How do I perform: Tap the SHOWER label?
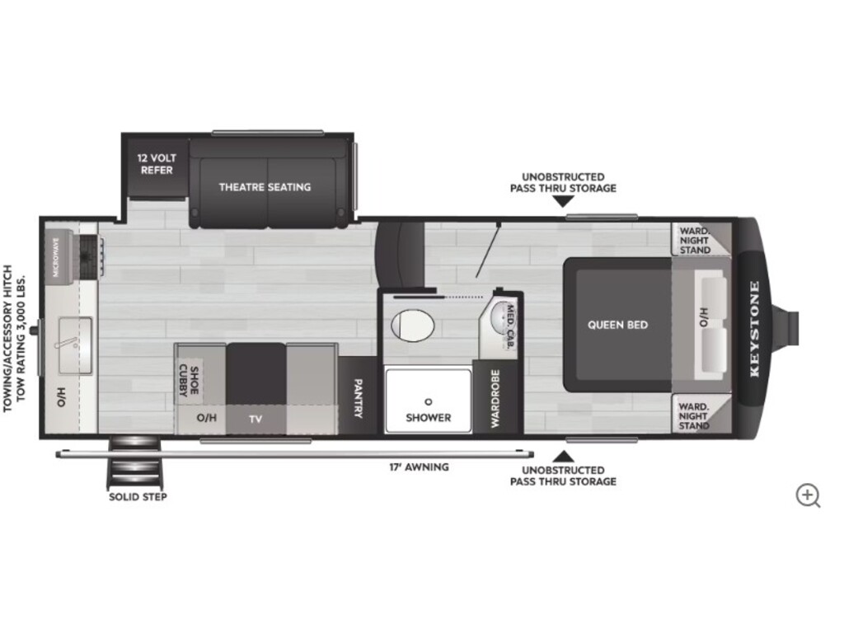coord(429,418)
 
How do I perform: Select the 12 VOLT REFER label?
coord(157,164)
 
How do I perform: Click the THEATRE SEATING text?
coord(265,187)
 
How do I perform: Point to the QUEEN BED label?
coord(617,325)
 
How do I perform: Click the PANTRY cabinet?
coord(358,395)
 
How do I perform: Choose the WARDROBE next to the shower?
coord(495,397)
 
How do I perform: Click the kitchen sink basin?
coord(75,345)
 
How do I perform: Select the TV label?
coord(256,419)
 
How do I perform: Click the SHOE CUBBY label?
coord(190,381)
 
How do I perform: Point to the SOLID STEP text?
coord(138,497)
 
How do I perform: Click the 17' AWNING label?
coord(420,467)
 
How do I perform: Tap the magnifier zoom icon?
coord(808,495)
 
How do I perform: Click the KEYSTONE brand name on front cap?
coord(754,329)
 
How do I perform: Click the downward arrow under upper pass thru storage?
coord(563,201)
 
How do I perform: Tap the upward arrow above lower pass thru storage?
coord(563,457)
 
